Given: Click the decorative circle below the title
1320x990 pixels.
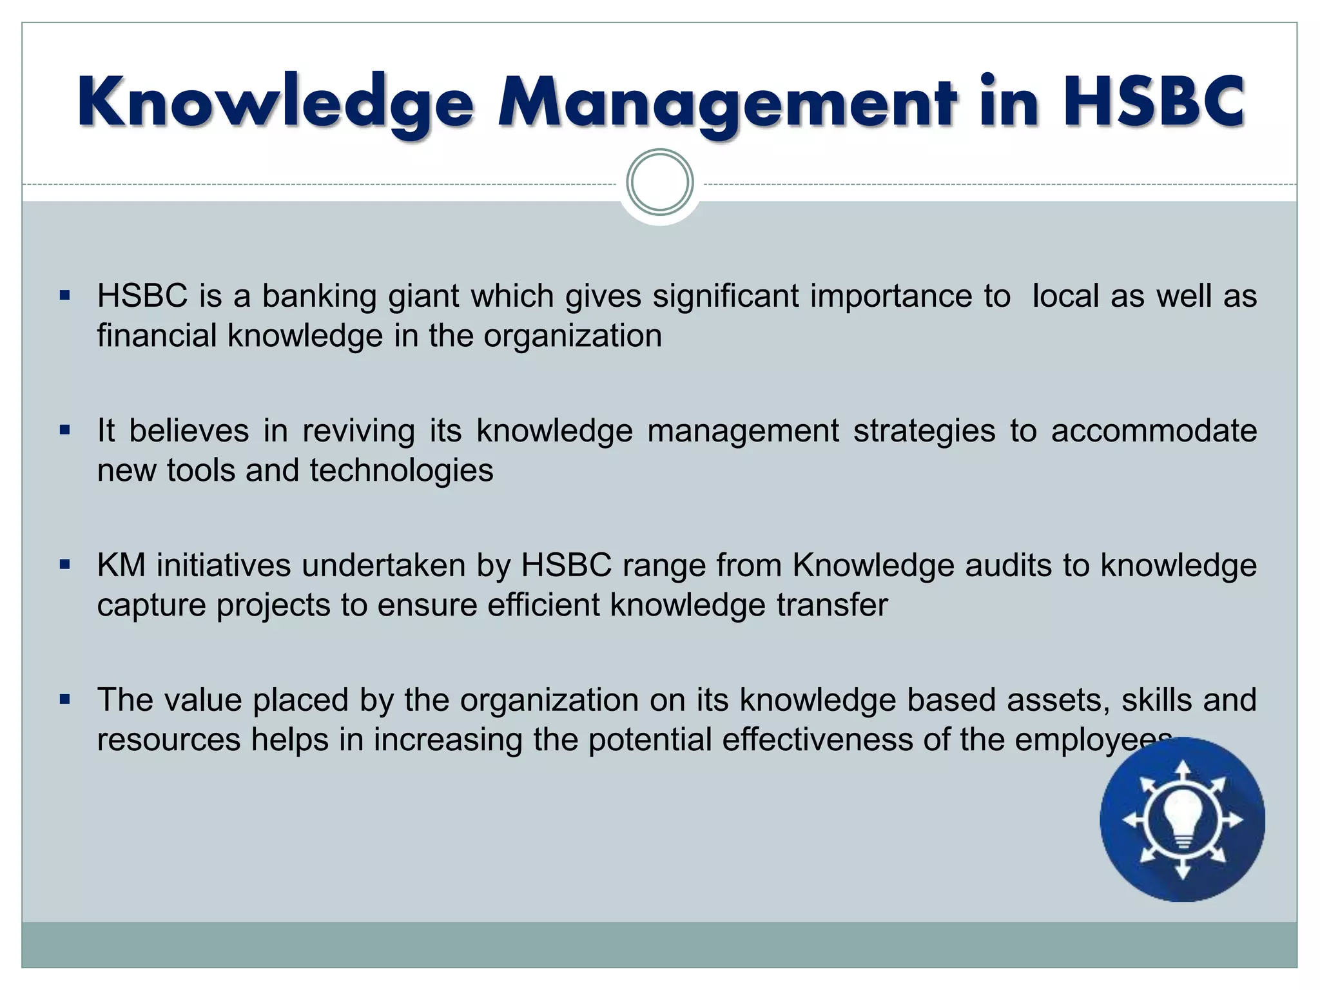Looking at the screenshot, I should coord(660,182).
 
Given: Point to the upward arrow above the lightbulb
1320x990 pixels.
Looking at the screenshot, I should coord(1183,772).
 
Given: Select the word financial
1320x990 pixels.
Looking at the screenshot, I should coord(157,336).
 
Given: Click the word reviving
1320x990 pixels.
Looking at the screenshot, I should coord(358,431).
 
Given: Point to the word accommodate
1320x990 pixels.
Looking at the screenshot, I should coord(1154,431).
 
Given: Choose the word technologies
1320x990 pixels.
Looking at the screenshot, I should coord(401,471).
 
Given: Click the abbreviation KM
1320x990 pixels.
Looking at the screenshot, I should coord(121,566).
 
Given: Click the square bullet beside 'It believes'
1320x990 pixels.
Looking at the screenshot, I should coord(64,430).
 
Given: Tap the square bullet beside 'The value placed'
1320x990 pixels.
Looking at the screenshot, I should coord(64,699).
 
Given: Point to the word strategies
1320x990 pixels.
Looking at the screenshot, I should coord(924,431).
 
